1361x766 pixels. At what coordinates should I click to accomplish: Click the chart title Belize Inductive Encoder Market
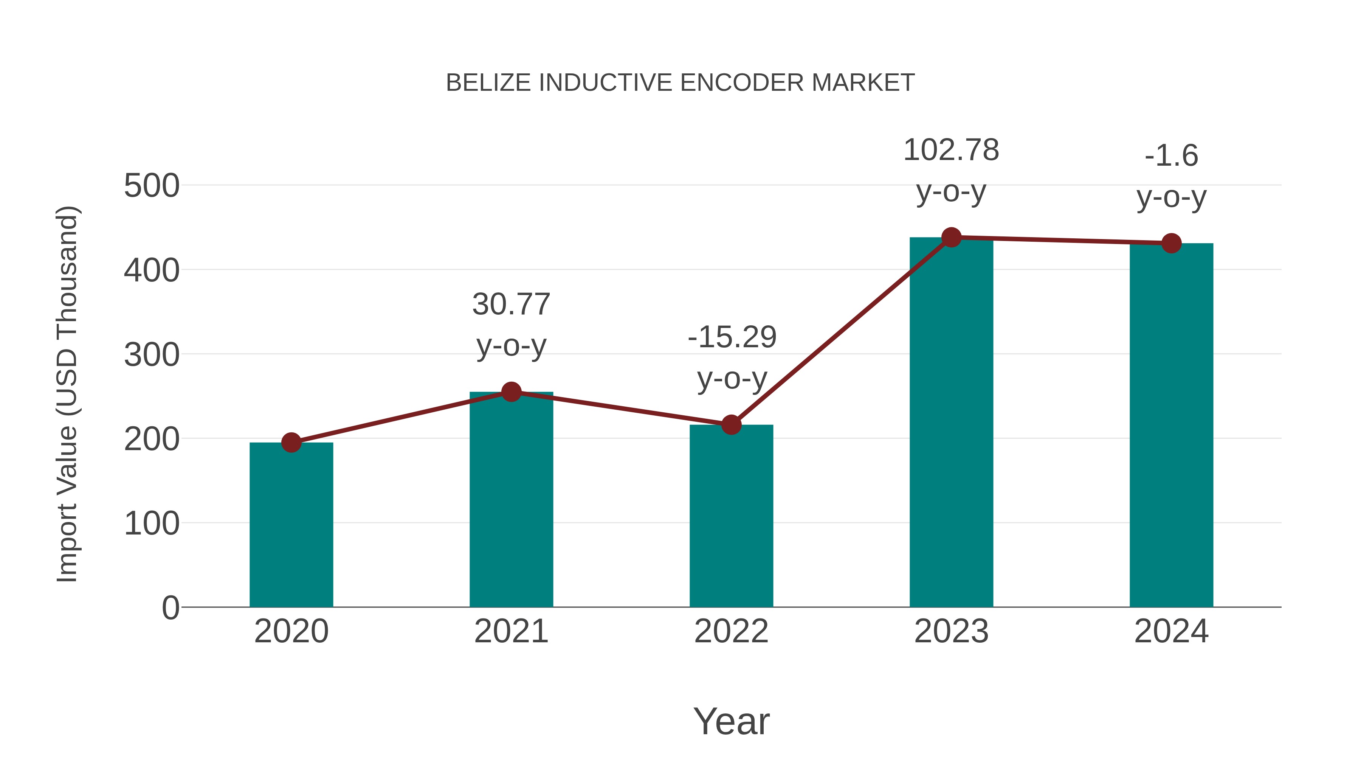[680, 83]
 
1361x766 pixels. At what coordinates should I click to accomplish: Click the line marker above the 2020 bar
[291, 443]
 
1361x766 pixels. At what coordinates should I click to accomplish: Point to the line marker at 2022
[731, 424]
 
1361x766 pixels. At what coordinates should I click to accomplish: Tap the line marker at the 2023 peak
[951, 237]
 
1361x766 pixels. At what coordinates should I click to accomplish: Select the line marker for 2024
[1171, 243]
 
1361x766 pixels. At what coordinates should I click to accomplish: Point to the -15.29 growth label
[732, 337]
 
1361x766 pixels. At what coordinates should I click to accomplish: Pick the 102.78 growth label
[951, 150]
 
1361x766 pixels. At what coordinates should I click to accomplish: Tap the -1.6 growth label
[1171, 156]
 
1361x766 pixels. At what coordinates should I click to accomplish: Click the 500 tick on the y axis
[152, 186]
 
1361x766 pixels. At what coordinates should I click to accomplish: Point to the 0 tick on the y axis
[170, 608]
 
